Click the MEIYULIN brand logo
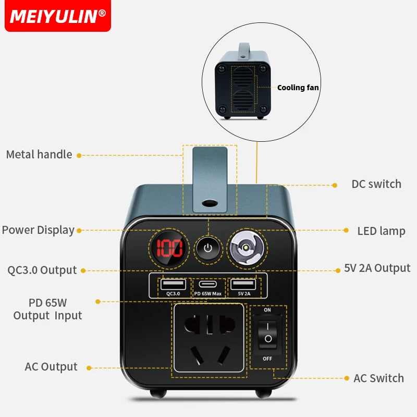[x=57, y=16]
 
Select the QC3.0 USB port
[x=173, y=285]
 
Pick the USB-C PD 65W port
[x=208, y=285]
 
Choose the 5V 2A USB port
[x=243, y=285]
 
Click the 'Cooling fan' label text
[x=298, y=88]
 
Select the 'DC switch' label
[x=376, y=184]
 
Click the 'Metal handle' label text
[x=39, y=154]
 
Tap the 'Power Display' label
[x=38, y=230]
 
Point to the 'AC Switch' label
[x=378, y=378]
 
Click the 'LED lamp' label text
[x=381, y=231]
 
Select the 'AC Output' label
[x=51, y=366]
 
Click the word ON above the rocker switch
[x=267, y=310]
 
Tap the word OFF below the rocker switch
[x=267, y=359]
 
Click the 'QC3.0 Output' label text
[x=42, y=270]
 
